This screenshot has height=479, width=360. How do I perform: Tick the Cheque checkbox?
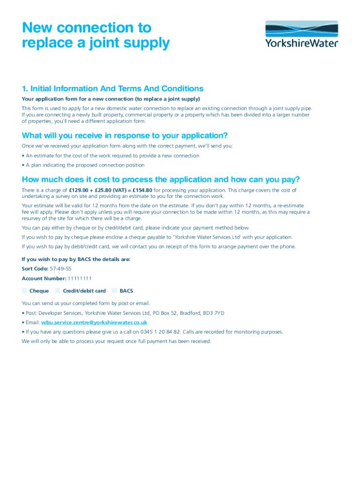(24, 291)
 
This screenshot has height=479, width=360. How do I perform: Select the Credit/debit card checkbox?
(58, 291)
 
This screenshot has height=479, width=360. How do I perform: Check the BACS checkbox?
(115, 291)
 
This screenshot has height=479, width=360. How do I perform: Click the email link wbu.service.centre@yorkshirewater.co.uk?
(94, 322)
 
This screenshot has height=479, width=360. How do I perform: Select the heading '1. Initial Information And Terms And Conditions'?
(113, 89)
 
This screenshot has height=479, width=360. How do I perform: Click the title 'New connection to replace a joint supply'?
(95, 36)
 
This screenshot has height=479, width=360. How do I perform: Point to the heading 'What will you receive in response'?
(125, 136)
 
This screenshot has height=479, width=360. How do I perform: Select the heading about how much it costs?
(161, 180)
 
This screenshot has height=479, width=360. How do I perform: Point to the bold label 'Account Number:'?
(43, 279)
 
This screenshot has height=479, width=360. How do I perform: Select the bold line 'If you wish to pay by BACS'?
(76, 259)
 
